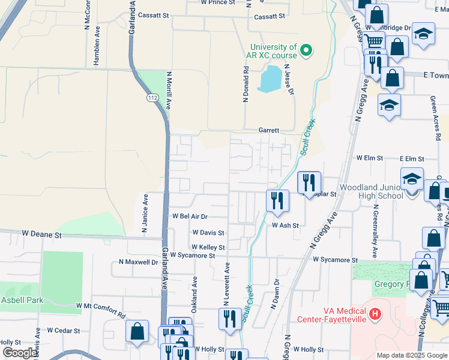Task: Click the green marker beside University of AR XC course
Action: (307, 50)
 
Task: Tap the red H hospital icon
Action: (375, 314)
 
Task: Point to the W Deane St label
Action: (42, 233)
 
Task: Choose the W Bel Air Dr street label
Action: (190, 216)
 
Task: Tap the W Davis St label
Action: (208, 232)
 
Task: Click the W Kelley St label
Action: (208, 247)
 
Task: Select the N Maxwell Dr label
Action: (139, 262)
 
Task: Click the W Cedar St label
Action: (63, 330)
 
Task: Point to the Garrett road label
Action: (269, 130)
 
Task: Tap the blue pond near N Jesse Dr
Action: (270, 79)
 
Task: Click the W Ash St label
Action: (285, 226)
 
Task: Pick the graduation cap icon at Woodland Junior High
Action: (412, 179)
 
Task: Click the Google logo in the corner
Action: (19, 353)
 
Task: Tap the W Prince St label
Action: (218, 2)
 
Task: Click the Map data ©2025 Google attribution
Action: (411, 355)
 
